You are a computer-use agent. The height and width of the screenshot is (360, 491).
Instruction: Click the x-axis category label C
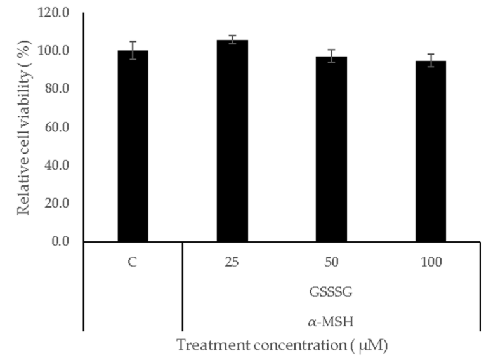pyautogui.click(x=133, y=262)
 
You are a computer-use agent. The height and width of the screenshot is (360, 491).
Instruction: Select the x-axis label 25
pyautogui.click(x=232, y=262)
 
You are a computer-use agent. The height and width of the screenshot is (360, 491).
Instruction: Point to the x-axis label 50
pyautogui.click(x=331, y=262)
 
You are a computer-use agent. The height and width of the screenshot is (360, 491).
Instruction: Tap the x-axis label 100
pyautogui.click(x=430, y=262)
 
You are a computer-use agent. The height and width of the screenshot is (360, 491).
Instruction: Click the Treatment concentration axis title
pyautogui.click(x=282, y=346)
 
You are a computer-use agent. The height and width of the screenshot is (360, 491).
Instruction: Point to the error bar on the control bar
pyautogui.click(x=133, y=50)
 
